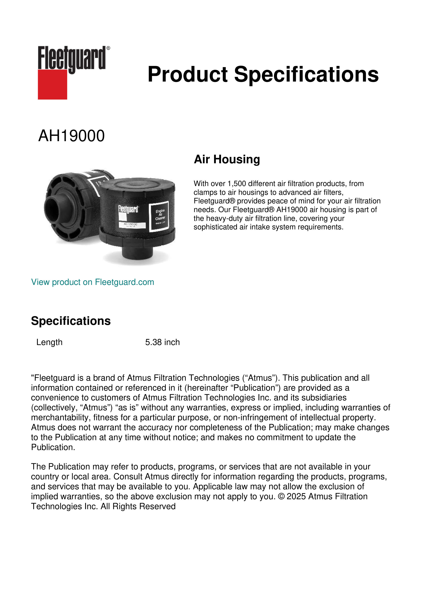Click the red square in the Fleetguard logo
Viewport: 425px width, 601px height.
[52, 84]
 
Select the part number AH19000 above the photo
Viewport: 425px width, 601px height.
[71, 136]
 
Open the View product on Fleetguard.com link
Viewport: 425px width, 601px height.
[92, 282]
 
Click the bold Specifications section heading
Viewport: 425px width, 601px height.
[71, 321]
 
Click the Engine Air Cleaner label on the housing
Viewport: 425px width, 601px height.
[160, 215]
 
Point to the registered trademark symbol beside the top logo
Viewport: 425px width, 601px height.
[108, 48]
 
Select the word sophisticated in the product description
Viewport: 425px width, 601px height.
[215, 227]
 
